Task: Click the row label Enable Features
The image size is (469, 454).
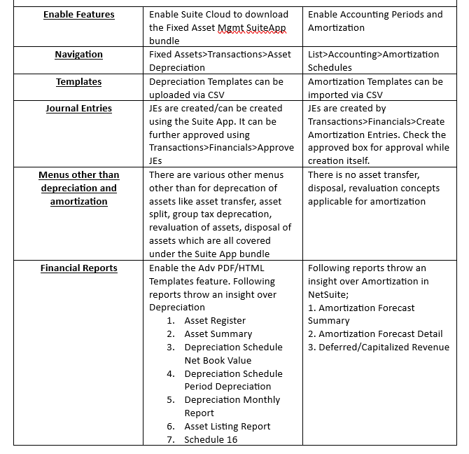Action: [78, 15]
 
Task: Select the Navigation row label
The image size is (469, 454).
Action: [78, 55]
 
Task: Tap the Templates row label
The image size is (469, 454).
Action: [78, 82]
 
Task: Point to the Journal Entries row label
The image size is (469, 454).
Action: [78, 109]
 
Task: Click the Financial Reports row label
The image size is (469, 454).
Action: [78, 268]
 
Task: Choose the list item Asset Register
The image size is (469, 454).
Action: [215, 321]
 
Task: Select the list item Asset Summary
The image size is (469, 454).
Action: [218, 334]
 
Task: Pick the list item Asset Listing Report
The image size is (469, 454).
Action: [227, 427]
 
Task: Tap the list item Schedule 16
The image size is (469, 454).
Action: [211, 440]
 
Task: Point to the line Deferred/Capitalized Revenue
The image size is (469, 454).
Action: [379, 348]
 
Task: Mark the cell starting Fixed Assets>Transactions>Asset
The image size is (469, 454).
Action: [220, 61]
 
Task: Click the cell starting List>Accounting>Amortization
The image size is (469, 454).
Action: [373, 61]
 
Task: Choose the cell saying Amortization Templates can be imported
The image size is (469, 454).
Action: [375, 88]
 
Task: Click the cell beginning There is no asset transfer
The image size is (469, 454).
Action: [373, 188]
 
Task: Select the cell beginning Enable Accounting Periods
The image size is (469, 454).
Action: [375, 21]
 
